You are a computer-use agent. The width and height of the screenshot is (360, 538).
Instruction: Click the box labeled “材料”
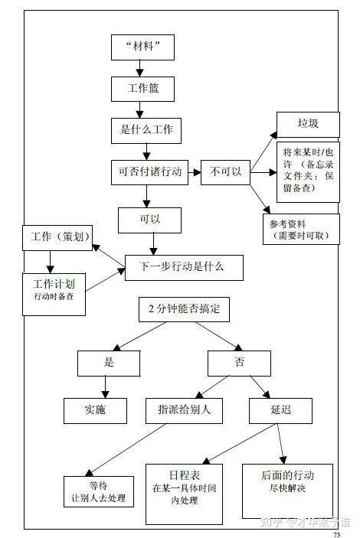click(142, 47)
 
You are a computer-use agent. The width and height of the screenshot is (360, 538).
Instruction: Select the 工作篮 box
click(144, 90)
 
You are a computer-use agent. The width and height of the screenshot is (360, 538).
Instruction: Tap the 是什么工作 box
click(146, 130)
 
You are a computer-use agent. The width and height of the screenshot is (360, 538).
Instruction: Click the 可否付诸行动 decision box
click(150, 172)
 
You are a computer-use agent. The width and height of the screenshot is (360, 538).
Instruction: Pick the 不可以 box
click(225, 172)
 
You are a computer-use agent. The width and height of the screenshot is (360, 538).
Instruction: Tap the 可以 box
click(150, 220)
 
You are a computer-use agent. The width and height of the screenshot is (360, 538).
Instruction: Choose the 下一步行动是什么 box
click(184, 267)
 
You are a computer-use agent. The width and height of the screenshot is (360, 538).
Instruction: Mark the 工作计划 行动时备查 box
click(54, 289)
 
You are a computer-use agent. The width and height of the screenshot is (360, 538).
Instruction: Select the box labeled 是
click(109, 362)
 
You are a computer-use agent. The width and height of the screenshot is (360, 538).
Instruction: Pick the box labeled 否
click(239, 363)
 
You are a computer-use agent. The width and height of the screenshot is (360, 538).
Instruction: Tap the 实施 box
click(95, 410)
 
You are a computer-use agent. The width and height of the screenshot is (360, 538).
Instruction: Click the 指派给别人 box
click(184, 410)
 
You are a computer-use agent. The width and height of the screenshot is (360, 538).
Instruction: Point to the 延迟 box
click(281, 410)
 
